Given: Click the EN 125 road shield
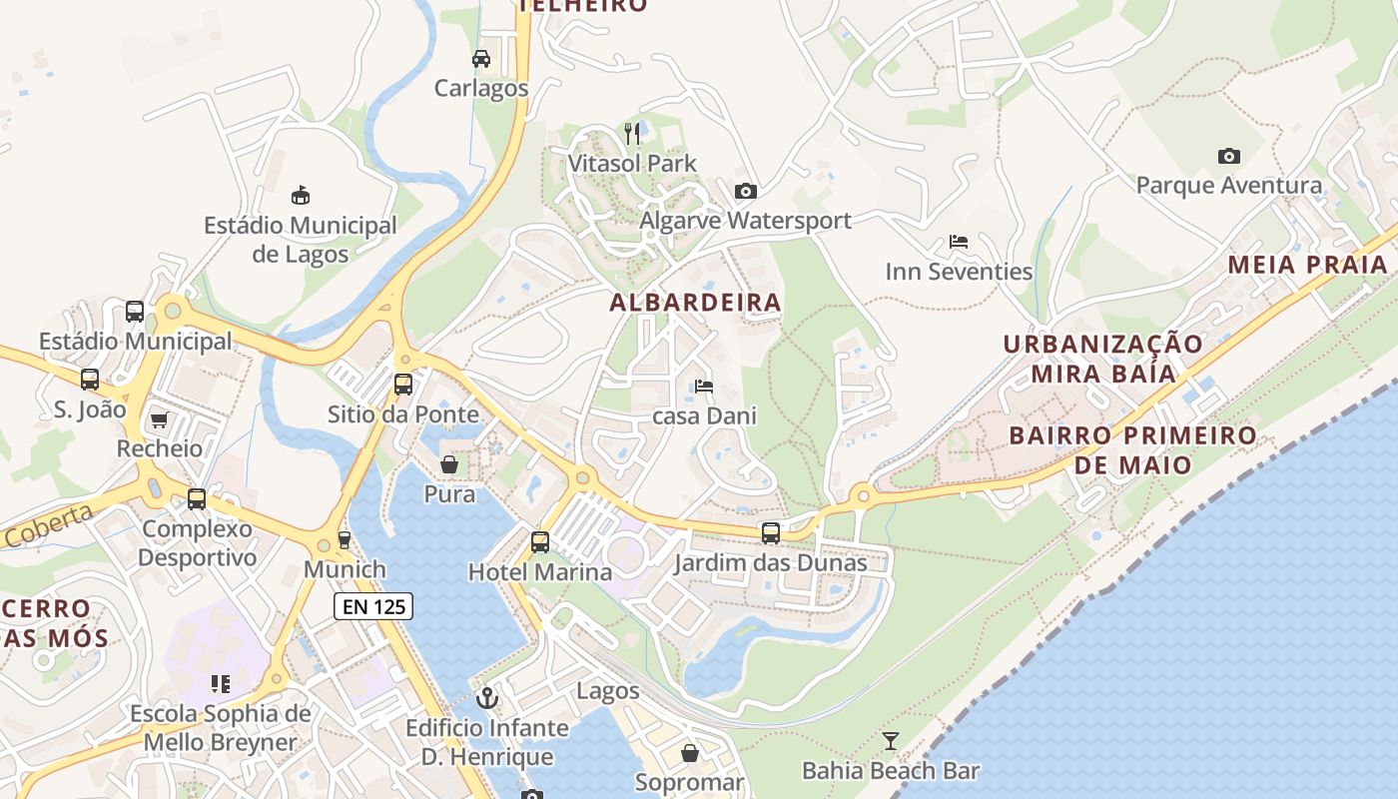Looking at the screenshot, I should click(x=372, y=605).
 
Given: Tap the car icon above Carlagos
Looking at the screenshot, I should click(x=481, y=58).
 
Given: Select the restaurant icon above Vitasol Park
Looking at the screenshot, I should click(x=631, y=133).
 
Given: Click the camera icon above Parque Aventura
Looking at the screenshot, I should click(x=1229, y=156).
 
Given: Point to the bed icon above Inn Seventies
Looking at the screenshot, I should click(x=959, y=242).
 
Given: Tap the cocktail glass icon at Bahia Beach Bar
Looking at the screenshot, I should click(x=891, y=740).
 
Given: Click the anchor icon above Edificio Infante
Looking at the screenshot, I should click(x=487, y=697).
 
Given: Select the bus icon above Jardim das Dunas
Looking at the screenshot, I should click(x=770, y=533).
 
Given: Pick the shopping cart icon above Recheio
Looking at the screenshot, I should click(x=159, y=419).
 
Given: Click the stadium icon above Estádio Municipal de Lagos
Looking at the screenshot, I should click(x=300, y=195).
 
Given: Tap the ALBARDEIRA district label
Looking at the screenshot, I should click(x=696, y=302).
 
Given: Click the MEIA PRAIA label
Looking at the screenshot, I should click(x=1308, y=265).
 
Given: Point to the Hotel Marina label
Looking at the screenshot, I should click(x=540, y=572).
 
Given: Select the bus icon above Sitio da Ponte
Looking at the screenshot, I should click(x=403, y=385).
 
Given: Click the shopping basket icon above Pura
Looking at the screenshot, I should click(x=449, y=464).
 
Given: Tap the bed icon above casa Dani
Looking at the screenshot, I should click(x=704, y=387).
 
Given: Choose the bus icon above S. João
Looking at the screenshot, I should click(x=90, y=380).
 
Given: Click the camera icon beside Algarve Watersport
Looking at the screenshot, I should click(x=745, y=191).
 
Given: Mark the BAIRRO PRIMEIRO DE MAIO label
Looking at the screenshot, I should click(x=1132, y=449).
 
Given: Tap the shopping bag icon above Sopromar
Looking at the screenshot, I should click(x=689, y=752).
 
